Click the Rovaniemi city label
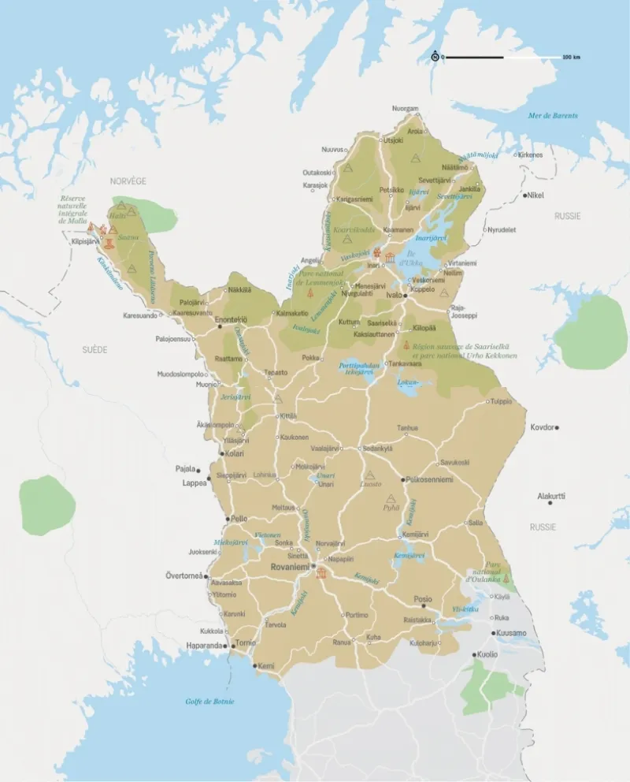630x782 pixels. click(x=288, y=566)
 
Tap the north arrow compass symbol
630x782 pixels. click(x=434, y=57)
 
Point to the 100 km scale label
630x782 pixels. click(x=571, y=58)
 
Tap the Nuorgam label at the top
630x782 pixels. click(x=406, y=108)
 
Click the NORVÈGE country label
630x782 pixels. click(x=128, y=181)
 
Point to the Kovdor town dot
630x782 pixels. click(x=557, y=427)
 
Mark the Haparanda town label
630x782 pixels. click(x=204, y=646)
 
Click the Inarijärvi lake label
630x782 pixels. click(x=430, y=234)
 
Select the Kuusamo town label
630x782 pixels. click(x=512, y=632)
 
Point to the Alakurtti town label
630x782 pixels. click(x=551, y=496)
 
